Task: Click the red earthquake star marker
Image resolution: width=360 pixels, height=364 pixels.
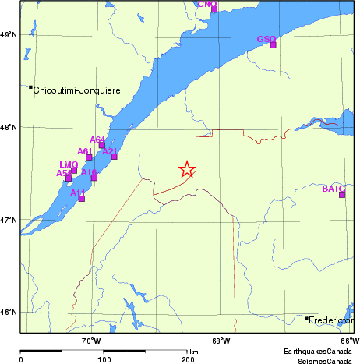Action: click(187, 169)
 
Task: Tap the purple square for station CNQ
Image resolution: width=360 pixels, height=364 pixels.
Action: click(214, 9)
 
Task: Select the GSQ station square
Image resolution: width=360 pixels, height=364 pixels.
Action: click(274, 44)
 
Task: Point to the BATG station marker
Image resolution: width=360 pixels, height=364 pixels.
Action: click(342, 194)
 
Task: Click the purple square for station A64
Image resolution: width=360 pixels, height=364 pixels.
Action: click(102, 145)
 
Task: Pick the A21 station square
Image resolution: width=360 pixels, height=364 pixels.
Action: click(114, 157)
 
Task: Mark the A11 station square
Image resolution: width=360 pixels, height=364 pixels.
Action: click(82, 198)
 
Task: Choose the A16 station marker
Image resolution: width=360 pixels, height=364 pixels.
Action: click(94, 178)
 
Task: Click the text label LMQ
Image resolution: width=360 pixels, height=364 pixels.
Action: click(69, 164)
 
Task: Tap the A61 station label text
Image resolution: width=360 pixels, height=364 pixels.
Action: click(85, 151)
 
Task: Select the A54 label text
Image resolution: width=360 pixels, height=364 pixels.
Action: click(64, 173)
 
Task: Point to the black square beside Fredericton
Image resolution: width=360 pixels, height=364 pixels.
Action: click(306, 318)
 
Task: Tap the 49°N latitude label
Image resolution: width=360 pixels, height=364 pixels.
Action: click(8, 35)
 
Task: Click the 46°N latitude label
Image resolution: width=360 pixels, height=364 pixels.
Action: click(8, 312)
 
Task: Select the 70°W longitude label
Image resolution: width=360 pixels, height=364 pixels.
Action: click(92, 341)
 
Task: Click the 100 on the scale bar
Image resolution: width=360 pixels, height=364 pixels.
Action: click(104, 360)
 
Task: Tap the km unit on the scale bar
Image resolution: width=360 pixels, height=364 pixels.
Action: click(193, 352)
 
